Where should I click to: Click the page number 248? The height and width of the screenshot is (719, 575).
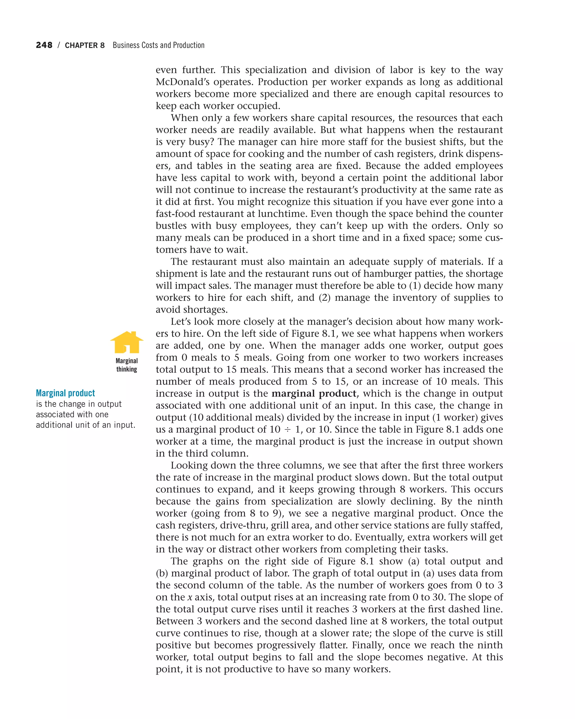click(x=44, y=45)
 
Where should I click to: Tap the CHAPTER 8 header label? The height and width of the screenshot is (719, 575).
click(x=85, y=45)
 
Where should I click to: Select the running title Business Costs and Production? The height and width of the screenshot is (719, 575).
click(x=158, y=45)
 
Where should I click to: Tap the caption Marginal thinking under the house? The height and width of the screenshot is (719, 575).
click(x=127, y=365)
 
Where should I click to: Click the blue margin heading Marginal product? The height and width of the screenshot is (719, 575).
click(x=65, y=393)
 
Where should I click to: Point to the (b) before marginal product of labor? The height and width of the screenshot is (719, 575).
click(x=162, y=573)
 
